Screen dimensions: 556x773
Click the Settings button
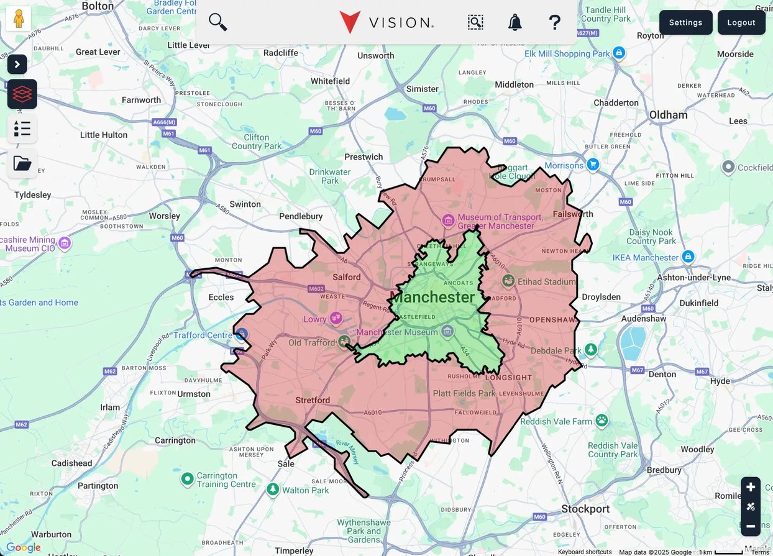(685, 22)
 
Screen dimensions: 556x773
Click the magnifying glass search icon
(217, 22)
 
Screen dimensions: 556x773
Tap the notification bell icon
(515, 22)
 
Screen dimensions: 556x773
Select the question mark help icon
(554, 22)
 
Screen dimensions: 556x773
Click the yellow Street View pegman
(19, 19)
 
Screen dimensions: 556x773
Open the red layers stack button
(22, 94)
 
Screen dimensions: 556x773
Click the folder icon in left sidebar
(22, 163)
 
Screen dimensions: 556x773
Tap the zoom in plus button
(751, 487)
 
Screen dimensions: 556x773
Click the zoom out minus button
(751, 526)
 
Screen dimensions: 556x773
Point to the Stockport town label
(585, 509)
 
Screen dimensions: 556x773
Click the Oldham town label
(668, 115)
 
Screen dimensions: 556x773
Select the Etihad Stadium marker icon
(508, 281)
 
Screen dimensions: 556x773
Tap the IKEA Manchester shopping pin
(688, 257)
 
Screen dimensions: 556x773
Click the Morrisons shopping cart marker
(593, 165)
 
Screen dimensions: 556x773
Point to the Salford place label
(346, 277)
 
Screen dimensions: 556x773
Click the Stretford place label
(313, 400)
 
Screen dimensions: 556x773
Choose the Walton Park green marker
(272, 490)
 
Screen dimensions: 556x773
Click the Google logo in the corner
(24, 547)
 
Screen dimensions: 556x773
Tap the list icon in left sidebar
(22, 129)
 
